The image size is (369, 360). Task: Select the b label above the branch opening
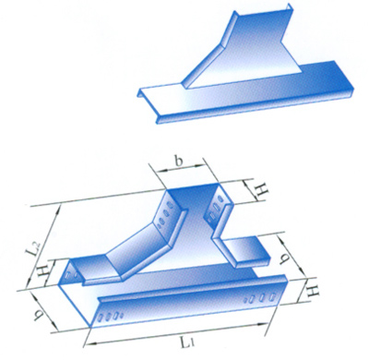click(x=178, y=162)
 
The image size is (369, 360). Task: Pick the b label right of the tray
click(x=283, y=258)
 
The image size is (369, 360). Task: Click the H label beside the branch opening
click(x=262, y=191)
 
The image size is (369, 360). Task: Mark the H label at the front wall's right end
click(x=313, y=291)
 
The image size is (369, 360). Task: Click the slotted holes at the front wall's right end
click(x=261, y=298)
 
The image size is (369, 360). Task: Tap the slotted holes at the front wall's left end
click(x=111, y=317)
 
